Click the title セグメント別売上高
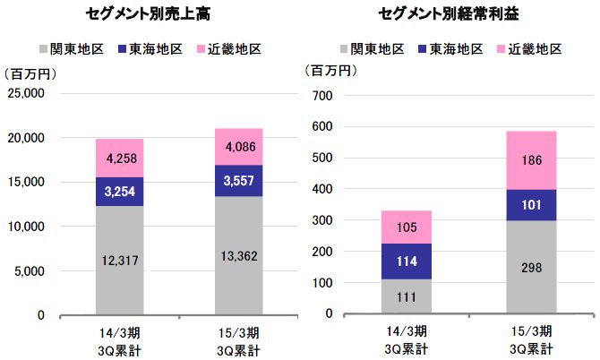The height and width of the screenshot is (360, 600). (x=155, y=13)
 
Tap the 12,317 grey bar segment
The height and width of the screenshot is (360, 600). (x=119, y=261)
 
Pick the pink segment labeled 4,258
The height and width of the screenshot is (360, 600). (x=119, y=159)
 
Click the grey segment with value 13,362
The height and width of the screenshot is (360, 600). (x=238, y=256)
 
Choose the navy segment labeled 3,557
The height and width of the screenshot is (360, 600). (x=238, y=181)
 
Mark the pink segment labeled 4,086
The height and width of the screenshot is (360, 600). (x=238, y=147)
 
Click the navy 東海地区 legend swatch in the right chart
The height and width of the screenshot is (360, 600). (x=423, y=48)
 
